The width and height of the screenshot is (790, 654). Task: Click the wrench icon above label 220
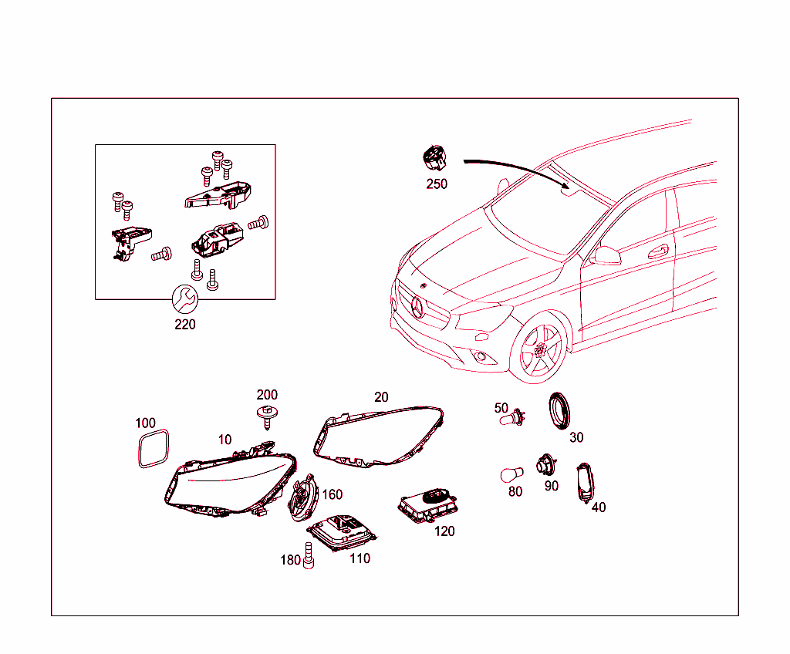tap(185, 299)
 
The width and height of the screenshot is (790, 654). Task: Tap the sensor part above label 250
tap(434, 157)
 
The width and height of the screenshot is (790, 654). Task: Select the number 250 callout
tap(437, 184)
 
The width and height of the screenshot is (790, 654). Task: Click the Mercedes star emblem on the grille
tap(417, 307)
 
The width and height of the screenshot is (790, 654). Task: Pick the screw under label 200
tap(267, 416)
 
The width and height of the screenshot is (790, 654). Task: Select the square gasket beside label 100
tap(154, 448)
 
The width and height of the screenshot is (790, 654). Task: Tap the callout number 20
tap(381, 397)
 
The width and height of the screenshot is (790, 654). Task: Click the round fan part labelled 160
tap(302, 498)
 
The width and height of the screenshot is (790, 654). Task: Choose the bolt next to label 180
tap(309, 556)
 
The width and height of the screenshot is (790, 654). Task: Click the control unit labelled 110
tap(342, 533)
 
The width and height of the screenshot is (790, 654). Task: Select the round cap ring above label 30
tap(559, 410)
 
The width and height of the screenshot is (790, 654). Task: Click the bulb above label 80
tap(512, 474)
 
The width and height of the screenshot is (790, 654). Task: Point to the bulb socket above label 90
tap(546, 464)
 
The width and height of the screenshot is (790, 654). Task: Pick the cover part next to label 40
tap(585, 484)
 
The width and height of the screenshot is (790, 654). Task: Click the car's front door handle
tap(658, 251)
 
